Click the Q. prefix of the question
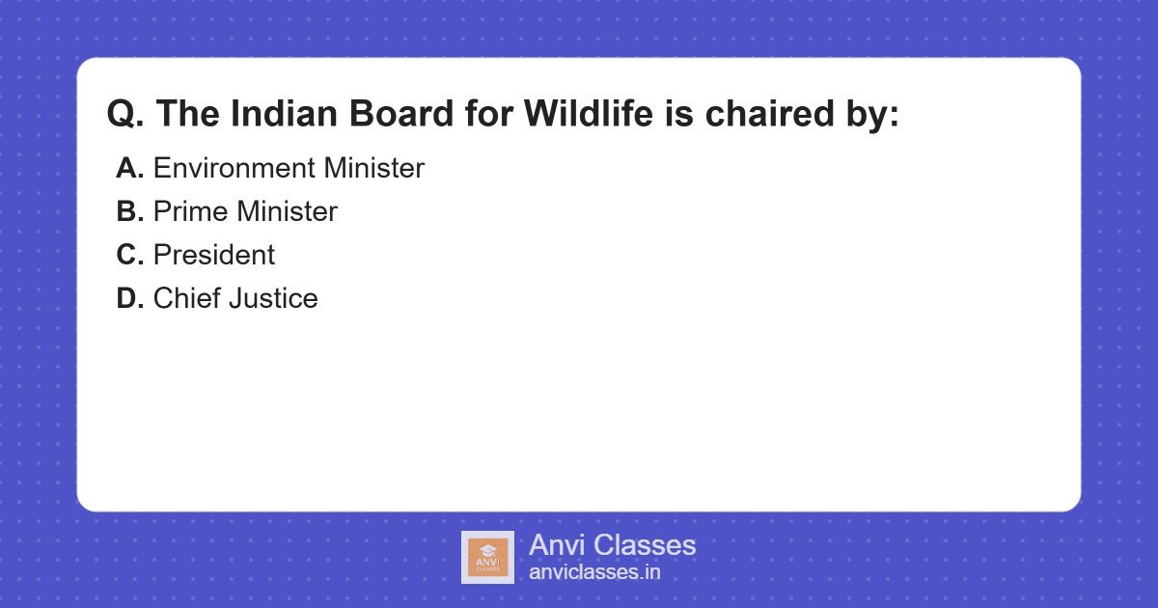pyautogui.click(x=126, y=114)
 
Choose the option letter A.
pyautogui.click(x=129, y=168)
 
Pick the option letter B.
pyautogui.click(x=129, y=211)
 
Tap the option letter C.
pyautogui.click(x=129, y=255)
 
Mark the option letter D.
pyautogui.click(x=129, y=298)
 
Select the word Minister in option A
pyautogui.click(x=373, y=168)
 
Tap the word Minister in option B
pyautogui.click(x=288, y=211)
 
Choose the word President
pyautogui.click(x=214, y=255)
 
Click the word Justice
pyautogui.click(x=274, y=298)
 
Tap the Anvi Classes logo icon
pyautogui.click(x=487, y=557)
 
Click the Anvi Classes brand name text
pyautogui.click(x=612, y=545)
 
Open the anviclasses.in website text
pyautogui.click(x=594, y=572)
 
